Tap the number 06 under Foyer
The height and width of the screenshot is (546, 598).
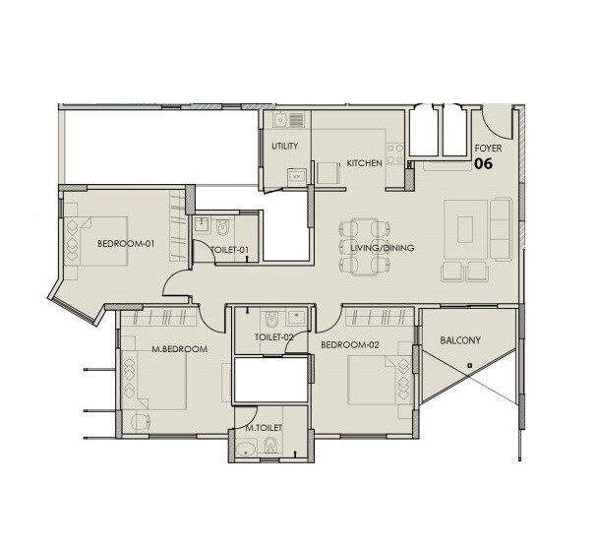[484, 165]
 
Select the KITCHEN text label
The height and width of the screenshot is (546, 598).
[363, 163]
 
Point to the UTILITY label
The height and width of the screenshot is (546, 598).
[285, 147]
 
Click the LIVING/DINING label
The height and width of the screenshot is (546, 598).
[383, 249]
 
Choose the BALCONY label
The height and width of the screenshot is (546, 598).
[460, 341]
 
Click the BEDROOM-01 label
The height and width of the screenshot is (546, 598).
[126, 244]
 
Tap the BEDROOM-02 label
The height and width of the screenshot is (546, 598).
[349, 344]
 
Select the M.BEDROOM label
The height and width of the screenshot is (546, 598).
[179, 350]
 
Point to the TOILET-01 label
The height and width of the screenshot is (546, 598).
[230, 251]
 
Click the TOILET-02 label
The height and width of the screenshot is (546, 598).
[274, 337]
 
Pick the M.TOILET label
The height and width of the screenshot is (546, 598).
[264, 429]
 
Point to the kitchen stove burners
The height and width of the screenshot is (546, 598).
[395, 154]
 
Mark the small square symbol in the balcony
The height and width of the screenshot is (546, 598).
[470, 366]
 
